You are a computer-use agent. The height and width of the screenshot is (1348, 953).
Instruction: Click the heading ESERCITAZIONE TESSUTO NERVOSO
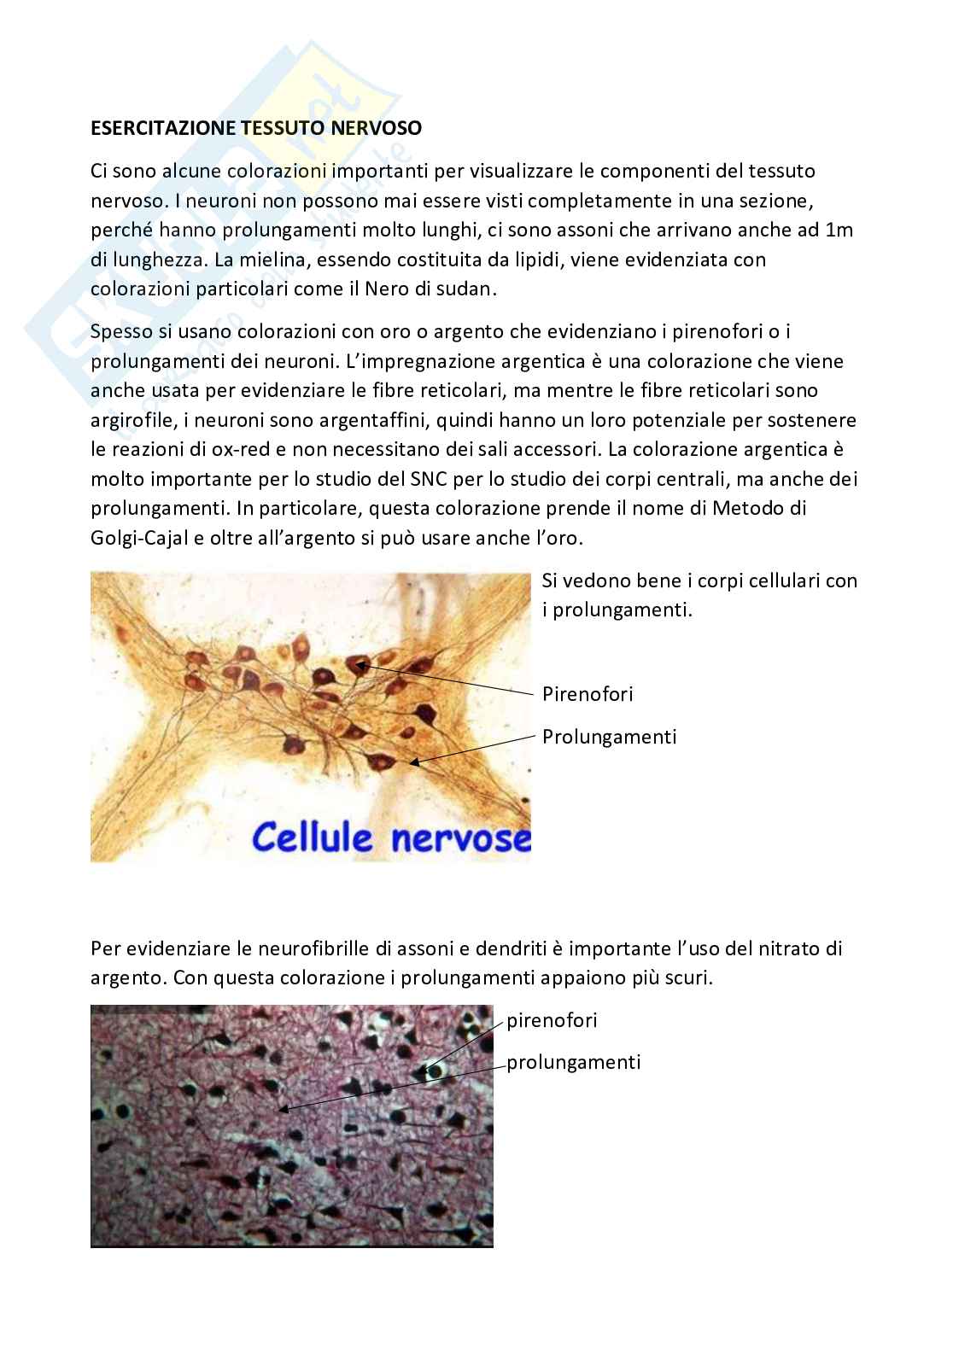coord(256,128)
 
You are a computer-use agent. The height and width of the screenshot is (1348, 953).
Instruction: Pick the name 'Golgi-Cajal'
coord(141,538)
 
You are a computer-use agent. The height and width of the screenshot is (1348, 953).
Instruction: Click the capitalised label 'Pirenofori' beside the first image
coord(588,693)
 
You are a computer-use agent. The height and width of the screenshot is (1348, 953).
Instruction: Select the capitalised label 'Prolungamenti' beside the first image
coord(609,736)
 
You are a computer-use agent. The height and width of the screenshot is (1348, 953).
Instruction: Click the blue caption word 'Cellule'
coord(313,837)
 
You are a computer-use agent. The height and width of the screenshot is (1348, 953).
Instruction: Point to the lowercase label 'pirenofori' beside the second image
coord(552,1020)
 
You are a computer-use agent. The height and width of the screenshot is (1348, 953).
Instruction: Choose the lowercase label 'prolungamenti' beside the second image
coord(573,1062)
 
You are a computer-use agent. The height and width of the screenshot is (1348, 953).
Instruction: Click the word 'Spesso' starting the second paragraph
coord(120,330)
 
